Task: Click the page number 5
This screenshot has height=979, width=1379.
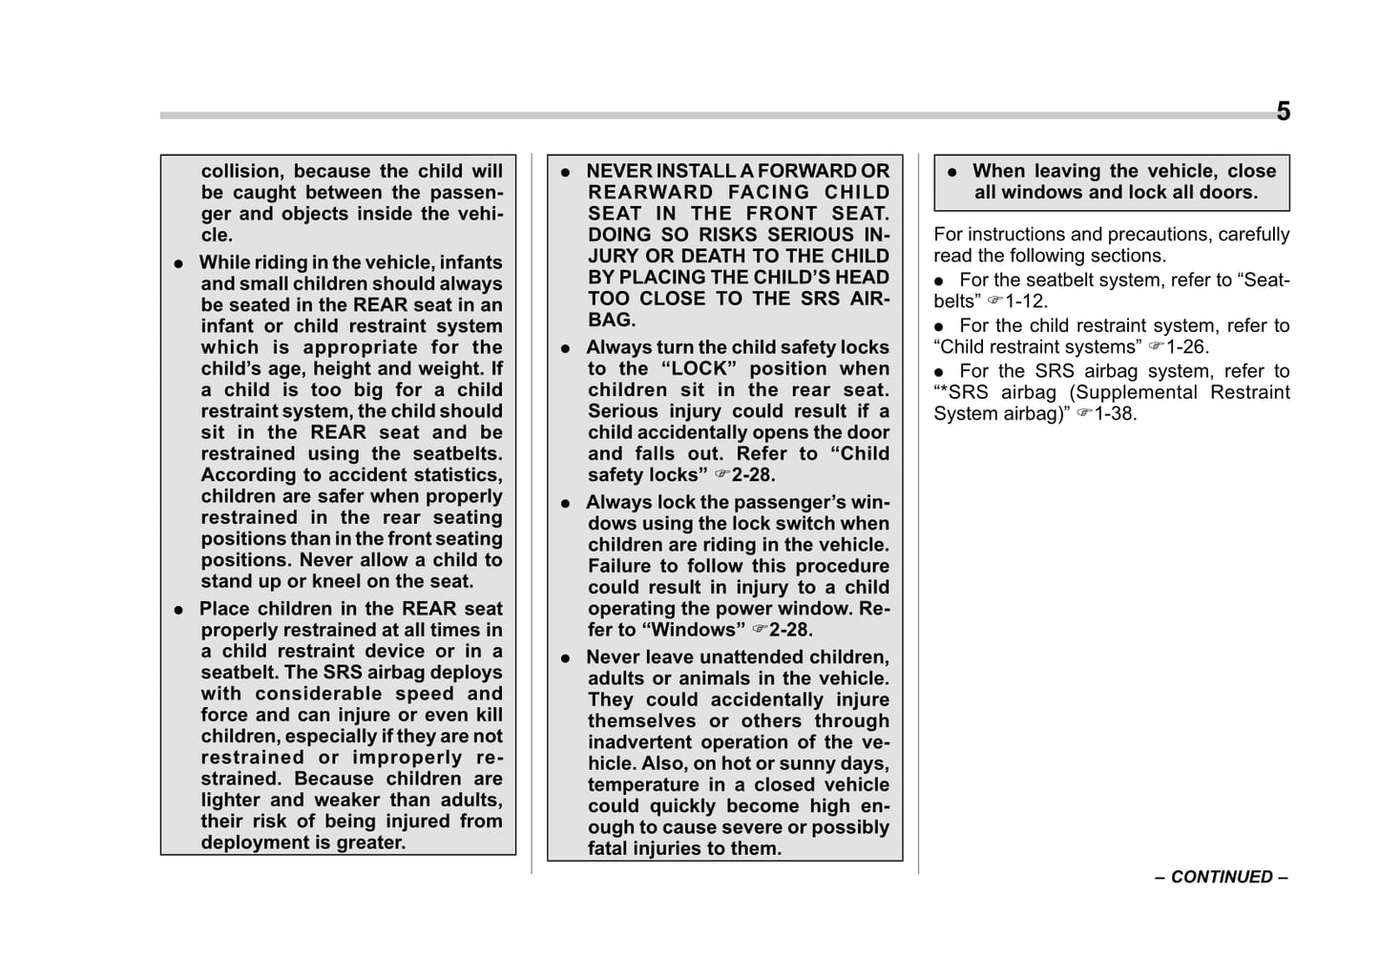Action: coord(1283,112)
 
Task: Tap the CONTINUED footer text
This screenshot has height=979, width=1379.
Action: coord(1222,877)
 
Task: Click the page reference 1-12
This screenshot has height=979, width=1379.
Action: coord(1026,302)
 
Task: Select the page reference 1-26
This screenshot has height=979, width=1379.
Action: coord(1187,347)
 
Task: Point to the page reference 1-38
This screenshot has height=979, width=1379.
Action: coord(1116,414)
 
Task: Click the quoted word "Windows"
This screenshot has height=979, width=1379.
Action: coord(694,630)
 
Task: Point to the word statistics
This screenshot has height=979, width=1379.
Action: coord(453,475)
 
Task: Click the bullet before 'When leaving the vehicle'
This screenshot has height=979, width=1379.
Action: coord(951,173)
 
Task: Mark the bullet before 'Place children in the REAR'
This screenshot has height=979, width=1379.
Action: coord(178,610)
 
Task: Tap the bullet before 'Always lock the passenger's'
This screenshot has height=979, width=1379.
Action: coord(566,503)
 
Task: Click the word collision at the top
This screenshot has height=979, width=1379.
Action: coord(241,172)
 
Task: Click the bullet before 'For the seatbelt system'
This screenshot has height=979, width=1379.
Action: coord(939,281)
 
